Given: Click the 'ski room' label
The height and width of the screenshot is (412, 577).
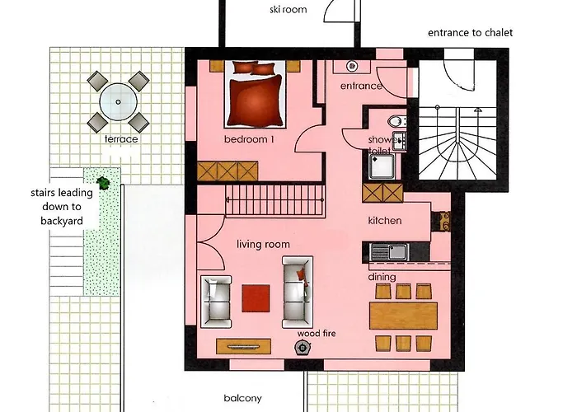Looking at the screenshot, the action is pyautogui.click(x=288, y=9).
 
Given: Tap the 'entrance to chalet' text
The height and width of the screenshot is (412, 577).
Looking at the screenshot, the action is pyautogui.click(x=471, y=33).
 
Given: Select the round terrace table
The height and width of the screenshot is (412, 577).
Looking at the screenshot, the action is pyautogui.click(x=118, y=102).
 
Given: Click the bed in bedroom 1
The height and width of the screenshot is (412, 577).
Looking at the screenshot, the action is pyautogui.click(x=256, y=94).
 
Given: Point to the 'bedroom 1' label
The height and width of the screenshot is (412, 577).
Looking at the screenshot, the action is pyautogui.click(x=249, y=139).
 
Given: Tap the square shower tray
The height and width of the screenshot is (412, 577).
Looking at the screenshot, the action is pyautogui.click(x=382, y=166).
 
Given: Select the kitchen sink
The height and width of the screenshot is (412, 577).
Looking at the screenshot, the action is pyautogui.click(x=390, y=252).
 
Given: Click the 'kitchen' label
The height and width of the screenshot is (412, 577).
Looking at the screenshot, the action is pyautogui.click(x=385, y=220).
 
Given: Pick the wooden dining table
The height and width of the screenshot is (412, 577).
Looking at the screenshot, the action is pyautogui.click(x=404, y=316).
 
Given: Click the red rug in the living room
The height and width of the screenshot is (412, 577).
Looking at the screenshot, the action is pyautogui.click(x=256, y=298).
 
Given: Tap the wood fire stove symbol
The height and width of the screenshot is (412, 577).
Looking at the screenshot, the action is pyautogui.click(x=303, y=348).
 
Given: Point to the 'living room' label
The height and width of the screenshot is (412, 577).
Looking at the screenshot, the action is pyautogui.click(x=263, y=244).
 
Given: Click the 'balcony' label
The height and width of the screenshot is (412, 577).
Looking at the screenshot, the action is pyautogui.click(x=243, y=398).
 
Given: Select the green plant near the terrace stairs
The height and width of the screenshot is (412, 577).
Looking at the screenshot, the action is pyautogui.click(x=103, y=182).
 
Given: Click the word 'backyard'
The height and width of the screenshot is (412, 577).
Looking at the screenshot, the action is pyautogui.click(x=62, y=221).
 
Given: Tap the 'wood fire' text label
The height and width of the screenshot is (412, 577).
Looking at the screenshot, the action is pyautogui.click(x=317, y=334).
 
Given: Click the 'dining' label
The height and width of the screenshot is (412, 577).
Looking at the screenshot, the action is pyautogui.click(x=382, y=277).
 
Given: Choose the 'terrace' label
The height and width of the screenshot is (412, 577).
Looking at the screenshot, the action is pyautogui.click(x=121, y=139).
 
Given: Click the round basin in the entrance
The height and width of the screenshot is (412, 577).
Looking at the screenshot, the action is pyautogui.click(x=352, y=66).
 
